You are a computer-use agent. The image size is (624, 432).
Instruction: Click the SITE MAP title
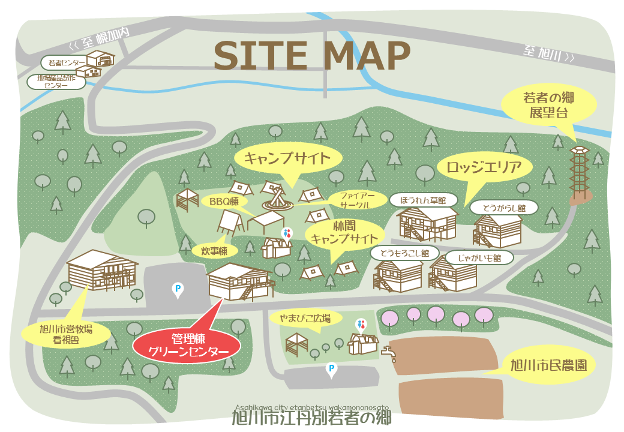coord(312,56)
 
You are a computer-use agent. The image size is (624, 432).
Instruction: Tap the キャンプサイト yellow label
coord(287,159)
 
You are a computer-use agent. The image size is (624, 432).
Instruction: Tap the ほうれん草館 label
coord(423,199)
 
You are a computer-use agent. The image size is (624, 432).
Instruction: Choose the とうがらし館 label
coord(505,208)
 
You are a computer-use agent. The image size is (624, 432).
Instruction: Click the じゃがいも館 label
coord(480,257)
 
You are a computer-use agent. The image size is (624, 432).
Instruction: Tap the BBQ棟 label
coord(224,202)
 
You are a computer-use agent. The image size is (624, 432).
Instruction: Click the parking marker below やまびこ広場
coord(330,369)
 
